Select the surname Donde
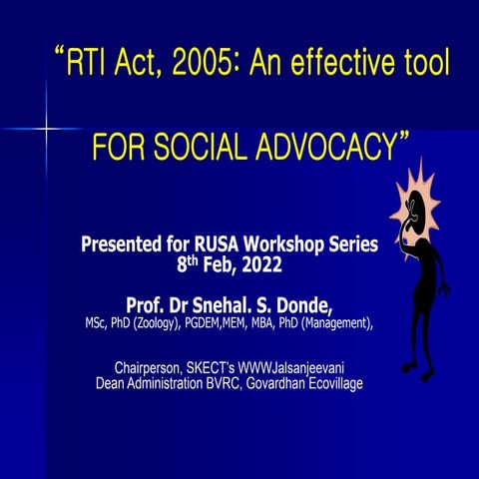[300, 302]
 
